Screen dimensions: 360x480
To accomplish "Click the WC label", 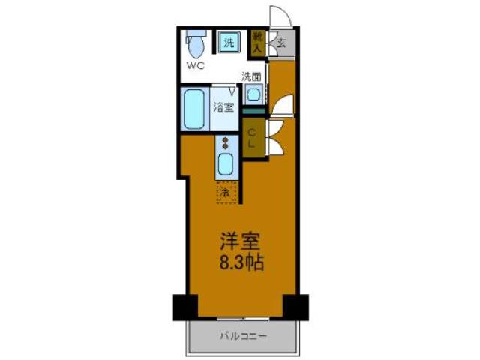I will click(195, 65).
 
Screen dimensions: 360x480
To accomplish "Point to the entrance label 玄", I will click(281, 43).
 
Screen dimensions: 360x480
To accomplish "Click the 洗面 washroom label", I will click(251, 76).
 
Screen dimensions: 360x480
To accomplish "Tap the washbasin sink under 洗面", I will click(253, 95).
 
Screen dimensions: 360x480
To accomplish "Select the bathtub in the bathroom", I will click(195, 109).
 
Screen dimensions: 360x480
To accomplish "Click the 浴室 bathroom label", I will click(225, 107).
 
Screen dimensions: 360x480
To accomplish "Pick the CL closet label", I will click(253, 138).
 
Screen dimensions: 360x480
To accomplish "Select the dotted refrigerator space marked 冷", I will click(225, 192).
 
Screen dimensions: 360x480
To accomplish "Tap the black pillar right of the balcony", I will click(295, 305).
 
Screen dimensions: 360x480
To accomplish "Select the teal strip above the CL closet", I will click(253, 112).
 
